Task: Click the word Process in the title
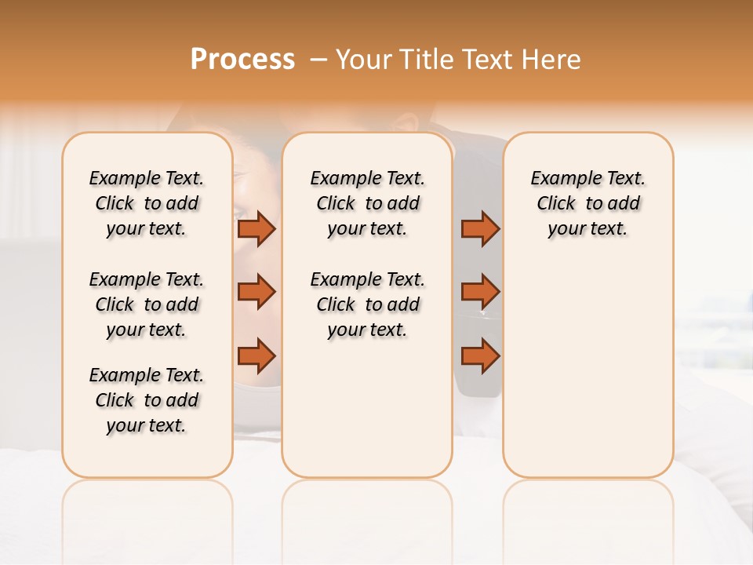tap(242, 59)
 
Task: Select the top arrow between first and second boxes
tap(256, 228)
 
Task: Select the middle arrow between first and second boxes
tap(256, 292)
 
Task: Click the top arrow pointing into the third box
tap(480, 228)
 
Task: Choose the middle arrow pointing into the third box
tap(480, 292)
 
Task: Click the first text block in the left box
tap(147, 203)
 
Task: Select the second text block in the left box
tap(147, 304)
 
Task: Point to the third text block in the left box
tap(147, 400)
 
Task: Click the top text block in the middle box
tap(367, 203)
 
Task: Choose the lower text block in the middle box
tap(367, 304)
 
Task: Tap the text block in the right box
tap(587, 203)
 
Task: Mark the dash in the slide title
tap(318, 60)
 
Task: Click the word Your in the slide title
tap(366, 60)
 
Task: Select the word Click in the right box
tap(556, 204)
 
